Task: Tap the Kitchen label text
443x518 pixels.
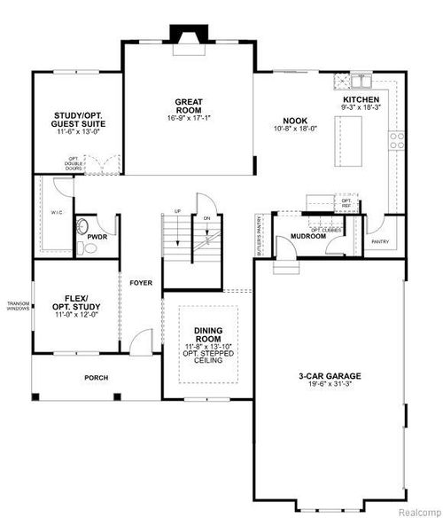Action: coord(362,99)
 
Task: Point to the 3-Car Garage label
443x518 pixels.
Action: coord(330,376)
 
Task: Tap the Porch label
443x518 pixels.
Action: coord(96,378)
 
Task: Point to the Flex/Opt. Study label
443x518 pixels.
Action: coord(74,302)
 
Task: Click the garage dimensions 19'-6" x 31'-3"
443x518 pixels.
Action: coord(330,386)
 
